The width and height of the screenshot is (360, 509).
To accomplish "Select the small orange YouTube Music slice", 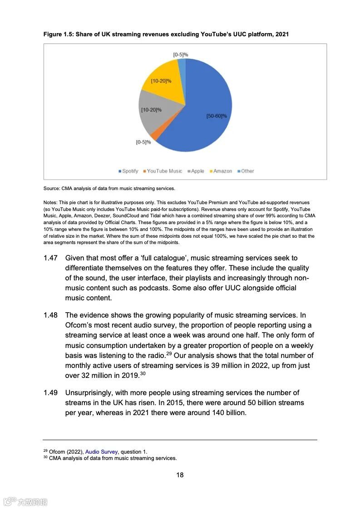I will (155, 135).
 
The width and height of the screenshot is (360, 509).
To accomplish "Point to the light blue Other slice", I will (182, 68).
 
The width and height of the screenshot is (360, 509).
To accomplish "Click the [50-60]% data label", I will (217, 116).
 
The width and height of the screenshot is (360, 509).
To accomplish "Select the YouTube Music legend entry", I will (162, 171).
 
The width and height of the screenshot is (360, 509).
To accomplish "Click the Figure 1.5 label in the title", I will (58, 34).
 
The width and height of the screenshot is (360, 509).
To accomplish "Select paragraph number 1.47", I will (50, 258).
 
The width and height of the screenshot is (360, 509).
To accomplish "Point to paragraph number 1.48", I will (50, 315).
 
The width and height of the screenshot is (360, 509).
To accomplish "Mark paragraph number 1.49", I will (50, 393).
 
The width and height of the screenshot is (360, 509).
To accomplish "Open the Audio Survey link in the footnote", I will (101, 452).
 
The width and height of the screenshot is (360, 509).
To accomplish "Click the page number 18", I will (180, 475).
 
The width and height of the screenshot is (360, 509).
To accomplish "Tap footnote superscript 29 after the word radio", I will (169, 353).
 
